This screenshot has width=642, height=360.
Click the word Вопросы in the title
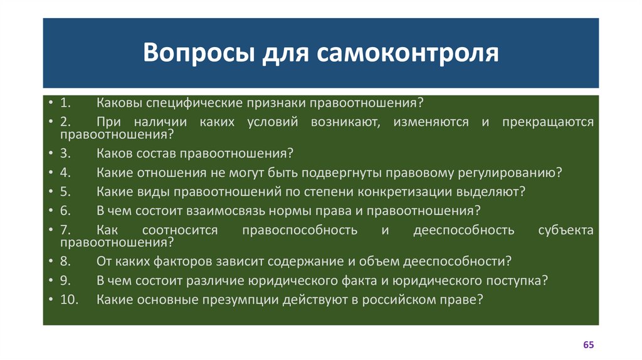tap(189, 53)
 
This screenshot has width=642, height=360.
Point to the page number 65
tap(588, 345)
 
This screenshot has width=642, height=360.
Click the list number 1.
tap(66, 102)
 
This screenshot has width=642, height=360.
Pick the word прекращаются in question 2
tap(547, 122)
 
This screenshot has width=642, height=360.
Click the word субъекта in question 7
tap(566, 231)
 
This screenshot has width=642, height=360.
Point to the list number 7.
tap(66, 231)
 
